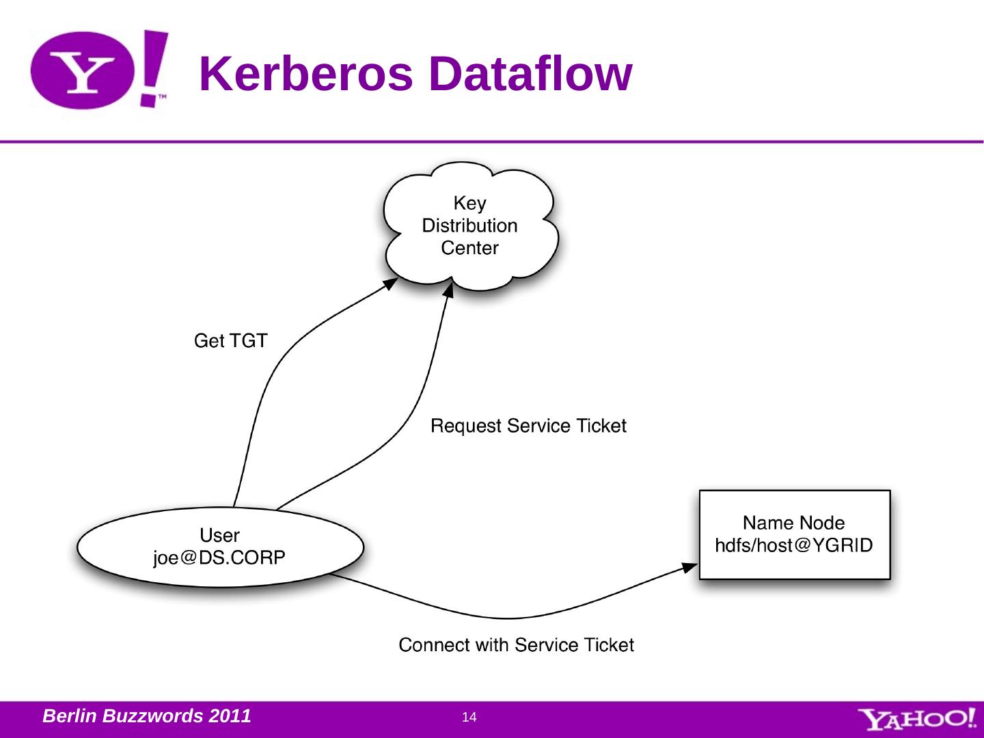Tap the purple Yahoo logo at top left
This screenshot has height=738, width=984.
click(99, 70)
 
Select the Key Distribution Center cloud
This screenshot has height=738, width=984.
click(470, 225)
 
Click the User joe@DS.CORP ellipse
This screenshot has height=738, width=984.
click(220, 547)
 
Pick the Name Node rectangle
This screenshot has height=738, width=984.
click(794, 534)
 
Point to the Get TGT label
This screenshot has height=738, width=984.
click(230, 340)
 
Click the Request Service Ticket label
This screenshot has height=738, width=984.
click(528, 426)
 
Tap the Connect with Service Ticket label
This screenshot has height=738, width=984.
click(516, 645)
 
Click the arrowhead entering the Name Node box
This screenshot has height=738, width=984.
click(692, 566)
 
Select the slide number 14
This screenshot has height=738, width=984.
click(469, 717)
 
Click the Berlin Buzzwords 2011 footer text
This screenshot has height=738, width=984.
click(146, 716)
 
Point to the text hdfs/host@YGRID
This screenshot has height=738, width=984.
click(793, 546)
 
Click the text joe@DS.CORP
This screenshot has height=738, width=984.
click(219, 558)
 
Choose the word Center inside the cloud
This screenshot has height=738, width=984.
click(469, 248)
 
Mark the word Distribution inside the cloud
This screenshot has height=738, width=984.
click(469, 225)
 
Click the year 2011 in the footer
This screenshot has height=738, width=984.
click(230, 716)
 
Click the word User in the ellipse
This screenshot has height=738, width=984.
click(219, 535)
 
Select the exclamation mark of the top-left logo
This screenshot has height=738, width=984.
click(154, 68)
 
